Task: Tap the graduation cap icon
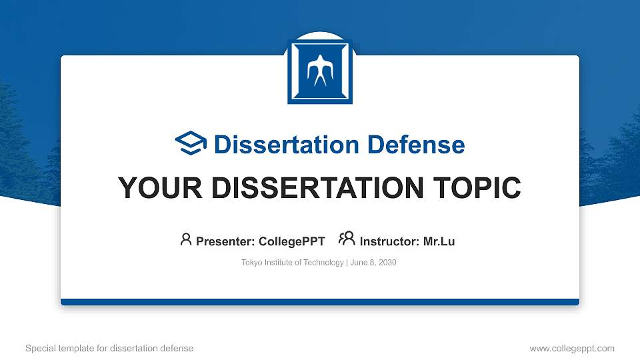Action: [x=191, y=144]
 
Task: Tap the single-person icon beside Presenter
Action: [x=186, y=239]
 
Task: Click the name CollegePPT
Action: [x=292, y=241]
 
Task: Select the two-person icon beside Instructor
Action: [x=347, y=239]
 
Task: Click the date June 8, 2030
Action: [x=373, y=263]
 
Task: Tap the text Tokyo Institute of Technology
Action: [x=292, y=263]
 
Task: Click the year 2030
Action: [x=387, y=263]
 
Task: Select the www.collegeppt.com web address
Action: [x=572, y=348]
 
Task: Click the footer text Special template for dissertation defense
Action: [x=109, y=348]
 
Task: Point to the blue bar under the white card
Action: [x=320, y=302]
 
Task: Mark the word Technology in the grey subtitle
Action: [x=323, y=263]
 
